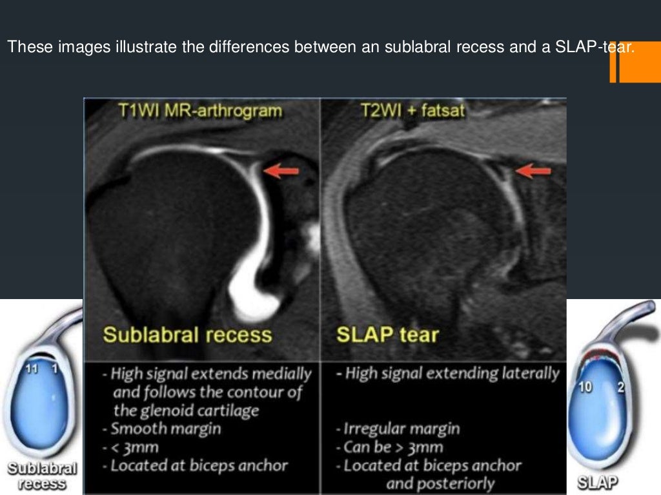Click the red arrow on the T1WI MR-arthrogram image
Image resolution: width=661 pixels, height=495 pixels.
point(282,171)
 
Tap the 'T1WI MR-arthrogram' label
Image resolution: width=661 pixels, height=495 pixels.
point(200,111)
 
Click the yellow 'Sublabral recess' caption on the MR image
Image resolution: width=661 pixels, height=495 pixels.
point(188,335)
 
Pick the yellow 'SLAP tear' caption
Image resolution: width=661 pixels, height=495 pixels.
point(388,335)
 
